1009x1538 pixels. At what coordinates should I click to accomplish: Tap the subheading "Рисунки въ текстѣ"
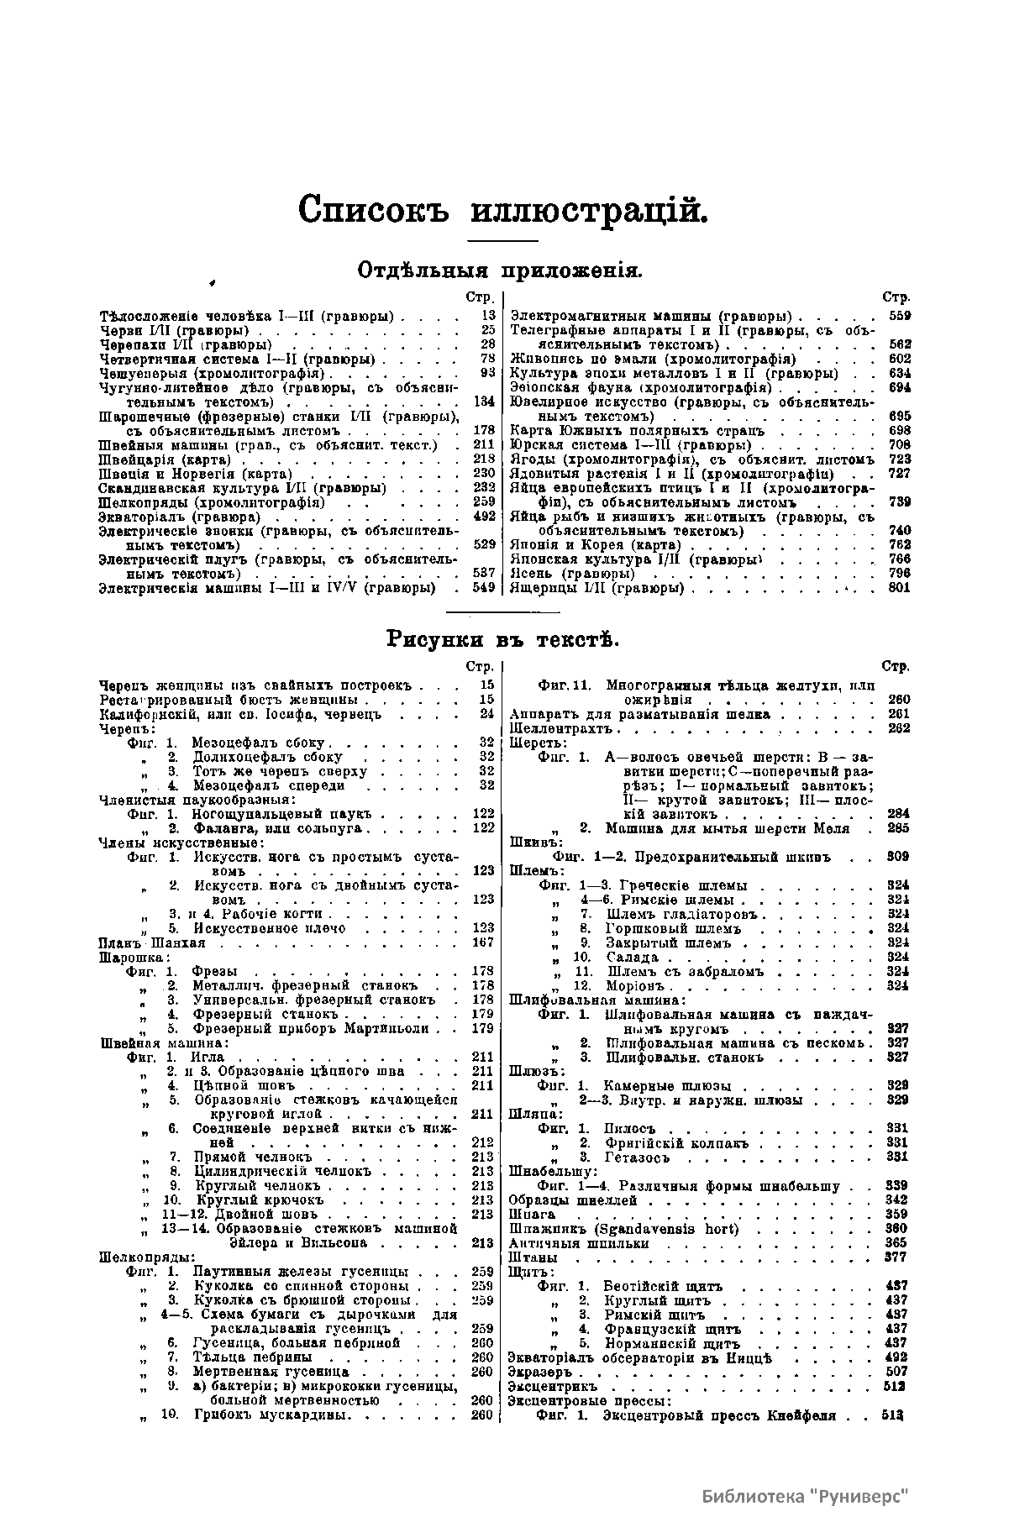tap(502, 640)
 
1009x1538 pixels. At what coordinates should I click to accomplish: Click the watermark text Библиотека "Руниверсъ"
tap(806, 1496)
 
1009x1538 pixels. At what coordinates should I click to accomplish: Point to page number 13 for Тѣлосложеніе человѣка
tap(488, 317)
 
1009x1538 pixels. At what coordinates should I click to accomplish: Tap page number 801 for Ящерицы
tap(898, 588)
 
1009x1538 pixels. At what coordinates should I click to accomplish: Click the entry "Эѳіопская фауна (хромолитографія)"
tap(641, 388)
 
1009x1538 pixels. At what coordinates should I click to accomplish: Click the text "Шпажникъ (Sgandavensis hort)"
tap(623, 1230)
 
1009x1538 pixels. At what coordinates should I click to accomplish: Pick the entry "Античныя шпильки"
tap(567, 1244)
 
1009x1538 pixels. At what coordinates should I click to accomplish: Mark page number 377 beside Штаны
tap(897, 1258)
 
